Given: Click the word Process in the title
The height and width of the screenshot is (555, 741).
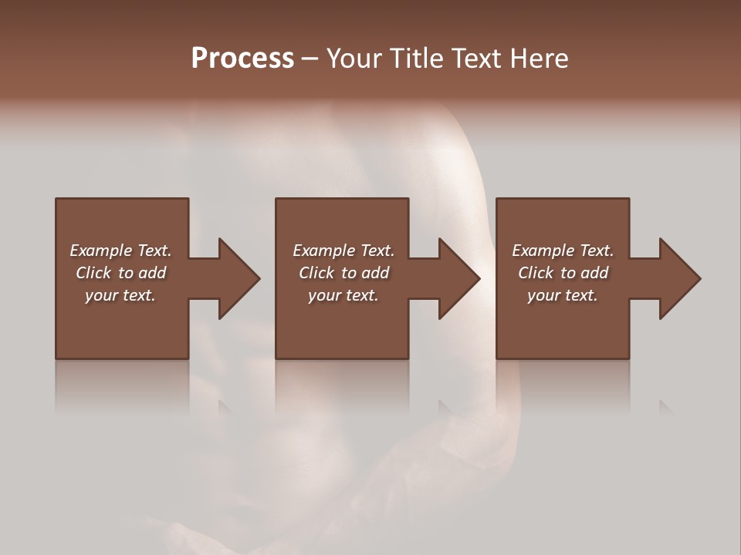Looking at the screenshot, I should [x=242, y=59].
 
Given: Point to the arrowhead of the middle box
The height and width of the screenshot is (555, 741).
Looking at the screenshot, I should [x=458, y=278].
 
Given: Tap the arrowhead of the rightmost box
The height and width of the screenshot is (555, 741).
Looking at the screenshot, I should [x=679, y=278].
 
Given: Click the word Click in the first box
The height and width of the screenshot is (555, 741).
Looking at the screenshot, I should [x=93, y=273].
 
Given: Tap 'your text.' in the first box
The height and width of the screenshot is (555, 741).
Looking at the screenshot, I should [x=120, y=295].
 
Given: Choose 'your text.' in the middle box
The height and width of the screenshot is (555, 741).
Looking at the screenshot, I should [x=343, y=295].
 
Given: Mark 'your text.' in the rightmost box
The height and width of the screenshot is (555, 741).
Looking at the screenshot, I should [x=563, y=295].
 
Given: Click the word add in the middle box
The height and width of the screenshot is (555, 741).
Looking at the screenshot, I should [x=375, y=273].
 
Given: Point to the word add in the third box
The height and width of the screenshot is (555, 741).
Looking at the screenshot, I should [x=594, y=273].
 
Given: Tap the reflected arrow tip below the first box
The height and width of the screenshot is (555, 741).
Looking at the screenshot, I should [x=225, y=407].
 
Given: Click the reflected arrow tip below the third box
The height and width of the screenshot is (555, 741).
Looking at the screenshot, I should [x=665, y=407].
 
